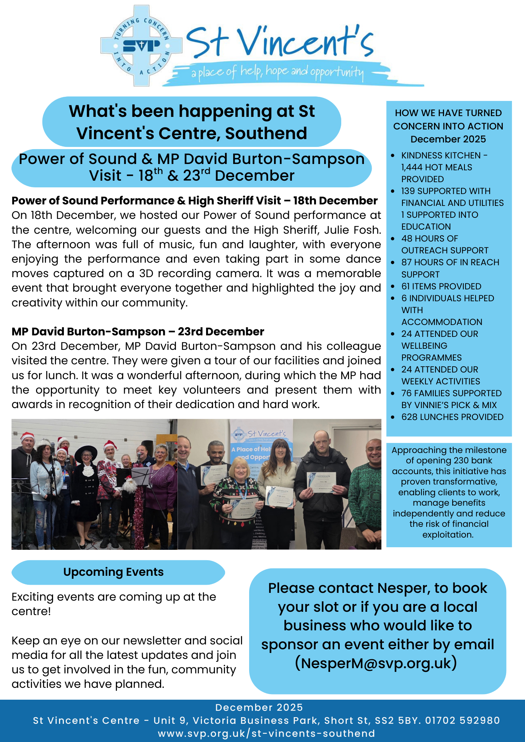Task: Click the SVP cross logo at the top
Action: pyautogui.click(x=141, y=46)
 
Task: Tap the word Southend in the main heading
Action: pyautogui.click(x=266, y=134)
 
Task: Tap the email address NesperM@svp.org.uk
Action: pyautogui.click(x=376, y=663)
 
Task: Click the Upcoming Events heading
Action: pyautogui.click(x=113, y=572)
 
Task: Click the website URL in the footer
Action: pyautogui.click(x=266, y=733)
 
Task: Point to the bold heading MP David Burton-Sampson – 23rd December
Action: pyautogui.click(x=138, y=331)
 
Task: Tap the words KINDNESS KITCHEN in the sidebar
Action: pyautogui.click(x=441, y=155)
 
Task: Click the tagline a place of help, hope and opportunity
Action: pyautogui.click(x=277, y=72)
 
